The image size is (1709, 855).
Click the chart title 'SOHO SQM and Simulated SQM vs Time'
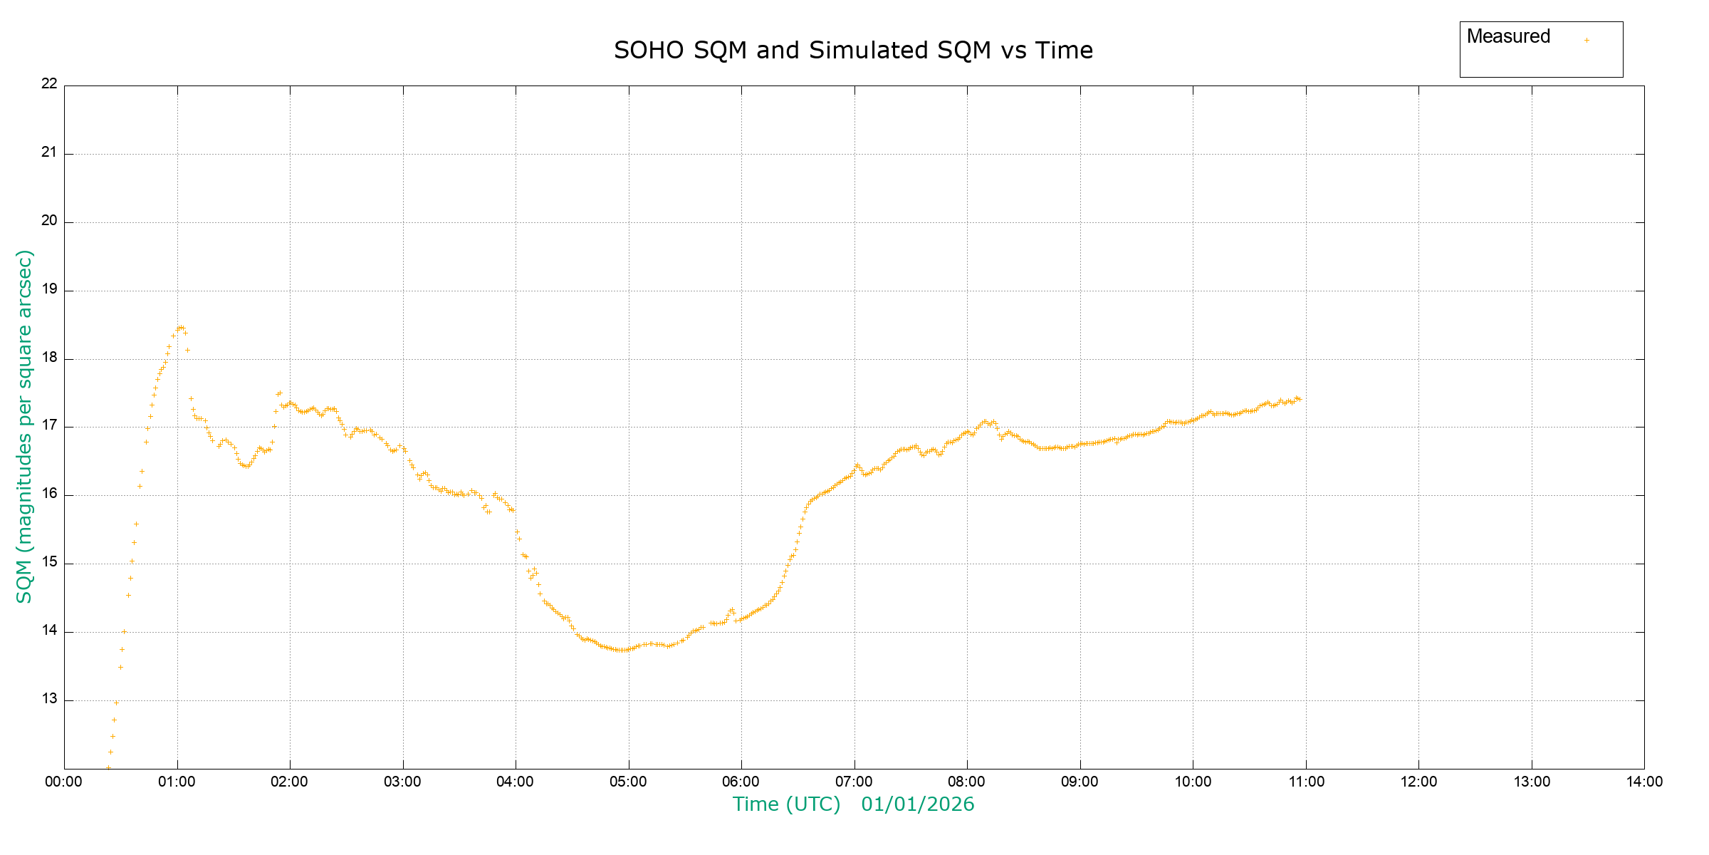[853, 51]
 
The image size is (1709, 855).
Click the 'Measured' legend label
[1508, 36]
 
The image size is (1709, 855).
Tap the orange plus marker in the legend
[1587, 40]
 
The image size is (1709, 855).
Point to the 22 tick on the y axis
[49, 83]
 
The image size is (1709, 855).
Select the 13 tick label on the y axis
[49, 699]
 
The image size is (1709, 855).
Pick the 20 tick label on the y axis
[49, 220]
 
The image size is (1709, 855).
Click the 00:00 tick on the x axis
[64, 782]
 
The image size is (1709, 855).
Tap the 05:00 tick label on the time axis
[628, 782]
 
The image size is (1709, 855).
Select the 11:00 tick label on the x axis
[1306, 782]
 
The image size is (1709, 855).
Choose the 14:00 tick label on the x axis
[1644, 782]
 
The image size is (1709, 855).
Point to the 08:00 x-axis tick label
[967, 782]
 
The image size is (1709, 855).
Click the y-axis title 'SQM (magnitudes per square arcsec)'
[24, 426]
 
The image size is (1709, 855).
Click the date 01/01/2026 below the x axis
[917, 804]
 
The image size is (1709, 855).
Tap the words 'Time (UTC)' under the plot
[786, 804]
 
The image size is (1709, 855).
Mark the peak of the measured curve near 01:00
[180, 327]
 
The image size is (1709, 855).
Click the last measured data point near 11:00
[1300, 399]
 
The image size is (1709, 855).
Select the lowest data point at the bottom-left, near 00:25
[108, 767]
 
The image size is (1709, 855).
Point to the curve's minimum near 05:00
[624, 650]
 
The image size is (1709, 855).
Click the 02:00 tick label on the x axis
[290, 782]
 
